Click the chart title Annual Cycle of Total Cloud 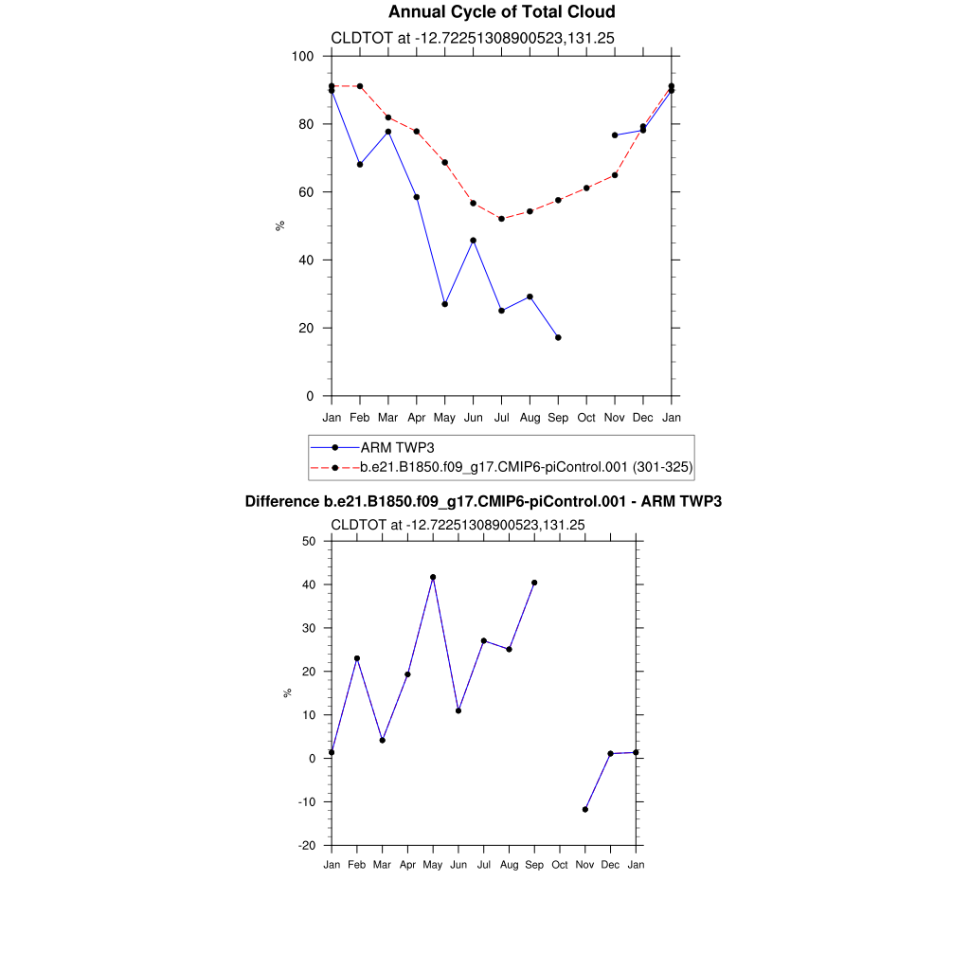click(x=501, y=12)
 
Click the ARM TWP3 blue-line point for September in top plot click(x=558, y=337)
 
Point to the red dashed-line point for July click(x=501, y=219)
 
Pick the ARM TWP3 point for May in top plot click(x=444, y=304)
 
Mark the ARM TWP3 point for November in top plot click(x=615, y=135)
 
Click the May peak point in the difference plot click(x=433, y=577)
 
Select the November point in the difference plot click(x=585, y=809)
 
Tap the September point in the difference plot click(x=534, y=583)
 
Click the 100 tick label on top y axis click(x=303, y=56)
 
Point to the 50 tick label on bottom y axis click(x=308, y=541)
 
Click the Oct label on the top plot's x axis click(x=586, y=418)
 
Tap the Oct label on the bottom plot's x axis click(x=560, y=865)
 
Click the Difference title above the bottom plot click(x=483, y=501)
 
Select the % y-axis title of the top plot click(x=279, y=225)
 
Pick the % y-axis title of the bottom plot click(x=287, y=692)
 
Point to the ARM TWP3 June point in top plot click(x=473, y=241)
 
